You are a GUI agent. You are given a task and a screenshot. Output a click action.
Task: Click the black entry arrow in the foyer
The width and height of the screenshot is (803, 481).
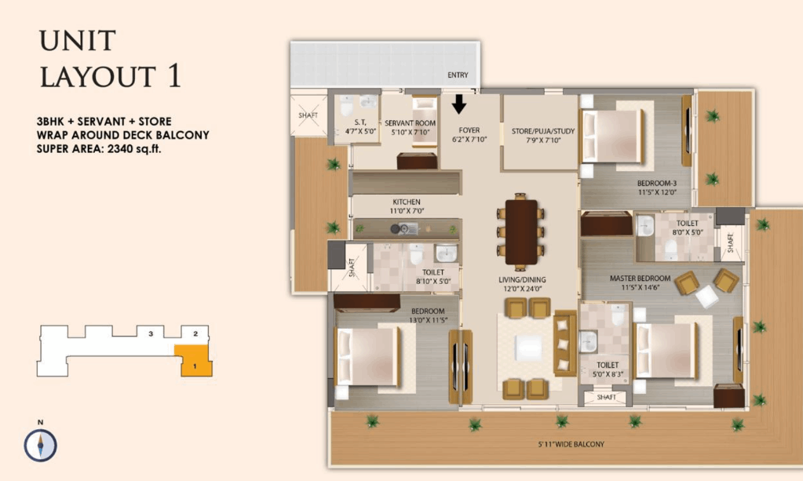(x=459, y=104)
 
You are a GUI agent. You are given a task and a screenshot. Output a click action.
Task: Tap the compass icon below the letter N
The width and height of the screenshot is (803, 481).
(x=41, y=445)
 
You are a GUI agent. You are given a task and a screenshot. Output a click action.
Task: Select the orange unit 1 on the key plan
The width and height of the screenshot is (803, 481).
(x=195, y=361)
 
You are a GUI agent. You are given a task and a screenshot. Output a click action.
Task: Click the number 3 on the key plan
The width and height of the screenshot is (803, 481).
(x=151, y=333)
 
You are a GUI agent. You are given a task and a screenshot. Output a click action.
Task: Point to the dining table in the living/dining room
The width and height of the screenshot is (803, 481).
(x=521, y=231)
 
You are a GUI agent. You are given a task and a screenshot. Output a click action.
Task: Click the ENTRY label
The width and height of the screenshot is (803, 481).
(x=458, y=75)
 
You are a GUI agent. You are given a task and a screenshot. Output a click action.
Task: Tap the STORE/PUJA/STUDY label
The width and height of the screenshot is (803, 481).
(x=543, y=131)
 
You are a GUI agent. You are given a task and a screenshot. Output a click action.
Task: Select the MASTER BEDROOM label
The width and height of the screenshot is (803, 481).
(x=640, y=279)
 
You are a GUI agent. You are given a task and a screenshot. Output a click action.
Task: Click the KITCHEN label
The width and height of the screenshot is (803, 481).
(x=407, y=202)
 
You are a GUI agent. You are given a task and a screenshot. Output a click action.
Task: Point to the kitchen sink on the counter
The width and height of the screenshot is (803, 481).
(x=408, y=228)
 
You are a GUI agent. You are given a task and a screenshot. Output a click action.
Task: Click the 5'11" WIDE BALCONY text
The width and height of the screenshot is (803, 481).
(x=571, y=444)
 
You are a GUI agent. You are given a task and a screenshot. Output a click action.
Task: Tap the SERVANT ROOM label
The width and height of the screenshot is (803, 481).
(x=411, y=123)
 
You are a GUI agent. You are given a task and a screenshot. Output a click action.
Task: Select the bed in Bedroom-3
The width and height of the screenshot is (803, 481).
(x=612, y=136)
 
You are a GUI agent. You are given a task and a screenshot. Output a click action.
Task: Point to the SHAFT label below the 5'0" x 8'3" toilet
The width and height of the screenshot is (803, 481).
(x=606, y=397)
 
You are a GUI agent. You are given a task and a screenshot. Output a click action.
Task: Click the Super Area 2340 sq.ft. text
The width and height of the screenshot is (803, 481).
(x=99, y=149)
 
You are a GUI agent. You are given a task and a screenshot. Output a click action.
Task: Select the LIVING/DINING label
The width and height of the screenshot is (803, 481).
(x=522, y=279)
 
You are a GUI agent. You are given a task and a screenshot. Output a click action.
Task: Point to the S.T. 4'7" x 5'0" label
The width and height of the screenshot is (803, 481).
(x=360, y=126)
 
